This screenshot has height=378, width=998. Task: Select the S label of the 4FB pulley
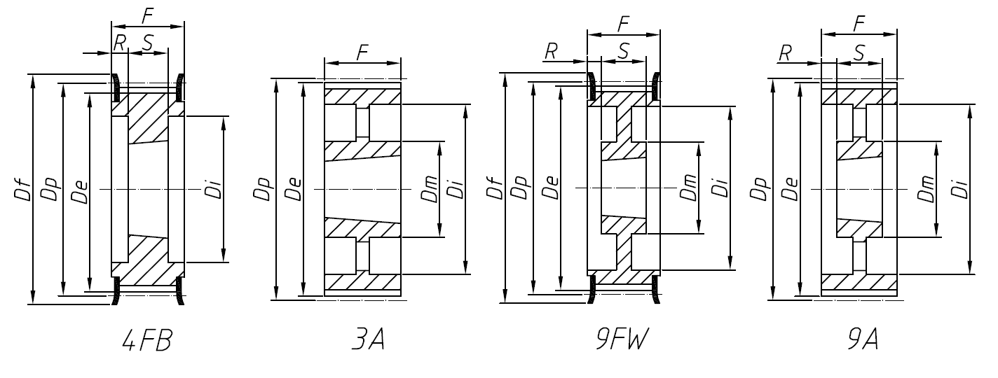(148, 42)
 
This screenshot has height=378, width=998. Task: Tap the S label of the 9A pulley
(860, 51)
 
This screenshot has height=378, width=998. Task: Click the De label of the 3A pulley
(294, 189)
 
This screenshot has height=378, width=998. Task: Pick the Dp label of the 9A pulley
(763, 189)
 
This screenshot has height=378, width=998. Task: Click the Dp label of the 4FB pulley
(50, 189)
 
